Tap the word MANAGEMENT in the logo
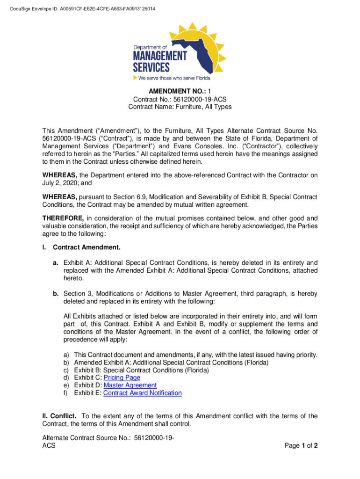tap(160, 57)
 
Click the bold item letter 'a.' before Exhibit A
tap(56, 263)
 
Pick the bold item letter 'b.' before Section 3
tap(56, 294)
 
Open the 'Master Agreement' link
tap(130, 385)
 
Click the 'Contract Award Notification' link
tap(142, 393)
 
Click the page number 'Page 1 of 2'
tap(301, 446)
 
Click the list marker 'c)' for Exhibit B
tap(66, 370)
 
